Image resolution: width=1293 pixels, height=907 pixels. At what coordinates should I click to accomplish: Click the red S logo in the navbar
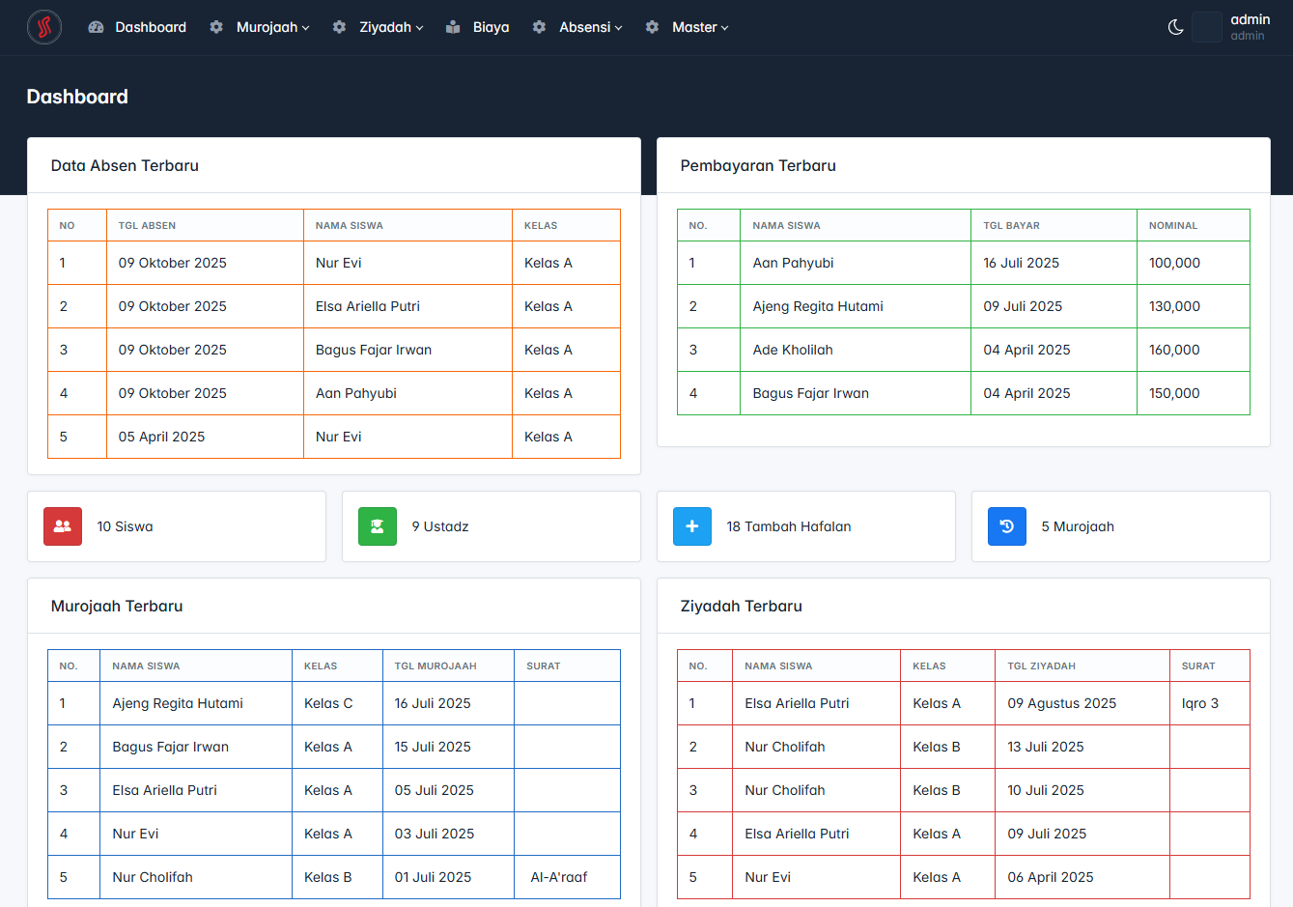pos(44,27)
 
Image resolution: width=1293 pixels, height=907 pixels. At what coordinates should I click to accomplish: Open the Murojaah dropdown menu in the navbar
pos(272,27)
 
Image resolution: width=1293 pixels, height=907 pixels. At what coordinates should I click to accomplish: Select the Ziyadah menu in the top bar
pos(391,27)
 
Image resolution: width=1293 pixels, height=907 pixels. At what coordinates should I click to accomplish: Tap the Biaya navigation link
pos(491,27)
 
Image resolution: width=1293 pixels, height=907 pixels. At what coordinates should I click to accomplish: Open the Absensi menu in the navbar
pos(590,27)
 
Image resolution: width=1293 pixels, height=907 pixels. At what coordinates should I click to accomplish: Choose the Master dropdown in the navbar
pos(700,27)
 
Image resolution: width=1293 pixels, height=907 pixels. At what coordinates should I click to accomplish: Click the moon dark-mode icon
pos(1175,27)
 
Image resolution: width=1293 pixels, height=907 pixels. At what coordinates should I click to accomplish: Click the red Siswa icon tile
pos(63,526)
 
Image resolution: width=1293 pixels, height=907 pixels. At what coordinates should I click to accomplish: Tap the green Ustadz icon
pos(378,526)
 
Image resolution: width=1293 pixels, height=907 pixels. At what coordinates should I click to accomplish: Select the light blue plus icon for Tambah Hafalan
pos(692,526)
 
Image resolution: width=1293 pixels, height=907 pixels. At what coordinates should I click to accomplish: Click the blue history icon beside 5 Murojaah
pos(1007,526)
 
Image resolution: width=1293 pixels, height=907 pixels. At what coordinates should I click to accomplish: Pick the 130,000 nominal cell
pos(1174,306)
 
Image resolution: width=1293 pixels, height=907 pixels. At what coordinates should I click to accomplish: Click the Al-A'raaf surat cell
pos(559,877)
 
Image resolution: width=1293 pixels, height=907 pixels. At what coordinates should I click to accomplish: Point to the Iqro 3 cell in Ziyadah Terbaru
pos(1200,703)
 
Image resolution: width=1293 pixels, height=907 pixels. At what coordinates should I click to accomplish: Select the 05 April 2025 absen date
pos(161,437)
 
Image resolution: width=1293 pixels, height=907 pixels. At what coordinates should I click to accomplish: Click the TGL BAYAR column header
pos(1011,226)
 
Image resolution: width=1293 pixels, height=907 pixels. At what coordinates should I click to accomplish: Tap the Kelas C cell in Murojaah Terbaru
pos(328,703)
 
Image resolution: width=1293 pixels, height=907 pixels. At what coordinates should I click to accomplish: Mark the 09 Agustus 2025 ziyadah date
pos(1061,703)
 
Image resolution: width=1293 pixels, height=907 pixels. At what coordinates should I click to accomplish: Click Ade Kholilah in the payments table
pos(793,350)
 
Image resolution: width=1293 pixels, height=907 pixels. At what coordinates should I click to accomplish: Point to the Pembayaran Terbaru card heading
pos(758,166)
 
